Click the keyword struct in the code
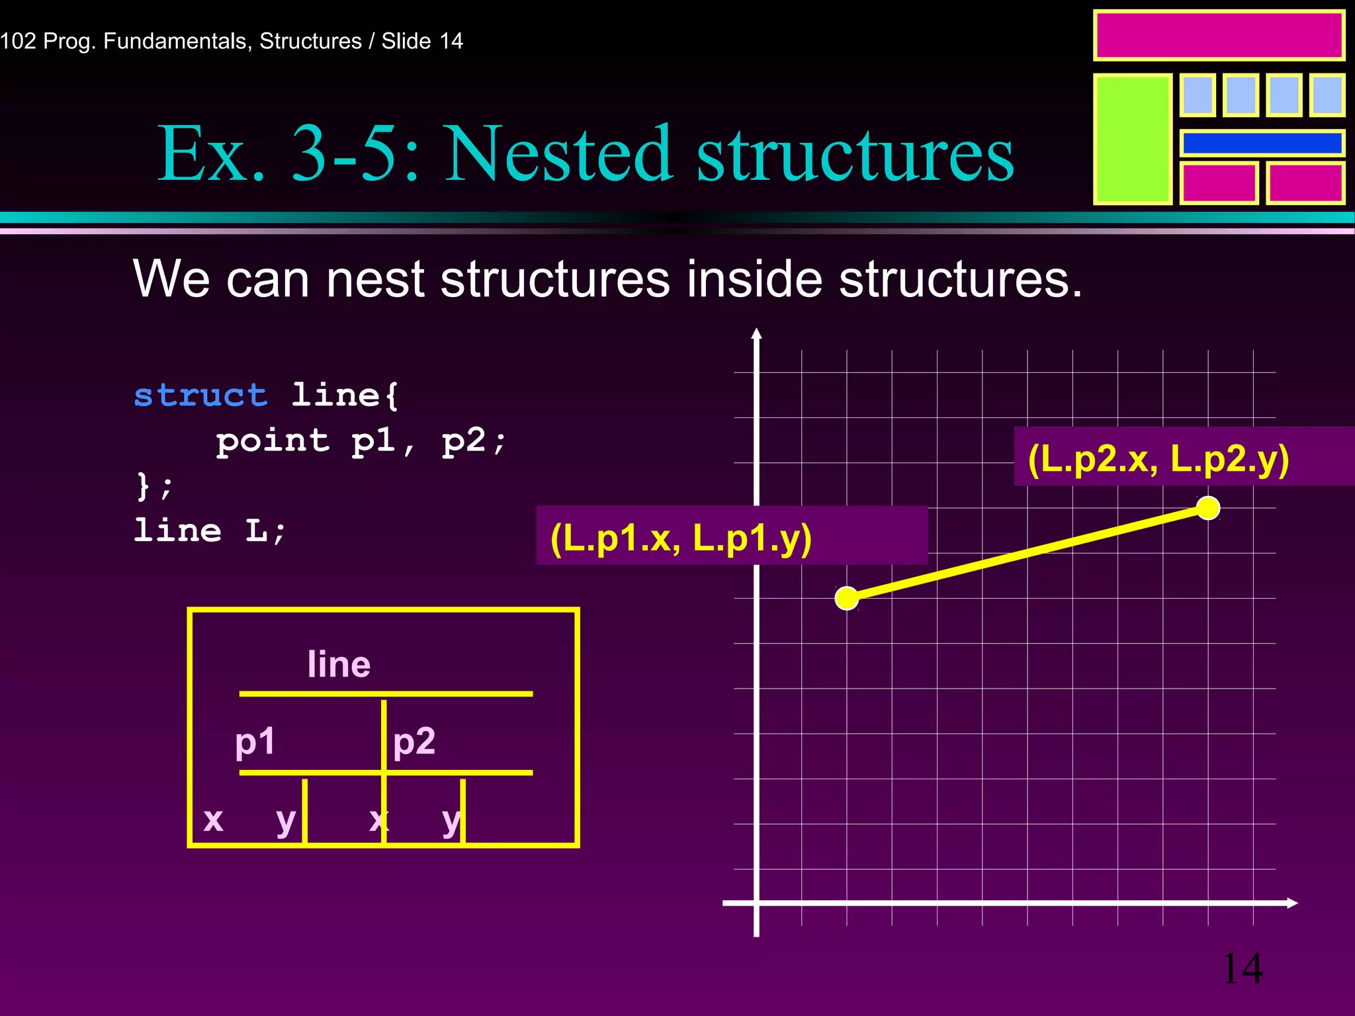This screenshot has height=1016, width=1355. click(x=200, y=396)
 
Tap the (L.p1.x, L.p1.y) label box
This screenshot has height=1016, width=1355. click(x=731, y=536)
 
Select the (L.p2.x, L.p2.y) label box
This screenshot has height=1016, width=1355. click(x=1183, y=457)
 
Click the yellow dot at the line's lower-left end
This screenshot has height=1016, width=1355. click(x=847, y=598)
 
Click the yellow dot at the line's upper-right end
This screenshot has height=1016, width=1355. click(x=1208, y=508)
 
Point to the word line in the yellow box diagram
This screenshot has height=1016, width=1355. click(x=339, y=664)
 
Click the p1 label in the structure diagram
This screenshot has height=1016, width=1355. click(x=255, y=741)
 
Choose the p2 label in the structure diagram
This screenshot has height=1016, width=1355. click(x=414, y=741)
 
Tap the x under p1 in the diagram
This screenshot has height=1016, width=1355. click(x=213, y=820)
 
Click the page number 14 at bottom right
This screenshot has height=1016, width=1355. click(x=1242, y=969)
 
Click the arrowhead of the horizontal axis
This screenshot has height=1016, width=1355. click(x=1292, y=903)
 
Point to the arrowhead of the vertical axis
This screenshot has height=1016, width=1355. click(x=756, y=333)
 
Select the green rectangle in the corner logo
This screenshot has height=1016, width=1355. click(x=1132, y=139)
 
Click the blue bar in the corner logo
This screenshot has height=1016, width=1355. click(x=1262, y=143)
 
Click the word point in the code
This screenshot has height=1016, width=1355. click(x=273, y=441)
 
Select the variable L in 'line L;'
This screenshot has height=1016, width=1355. click(x=256, y=531)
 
